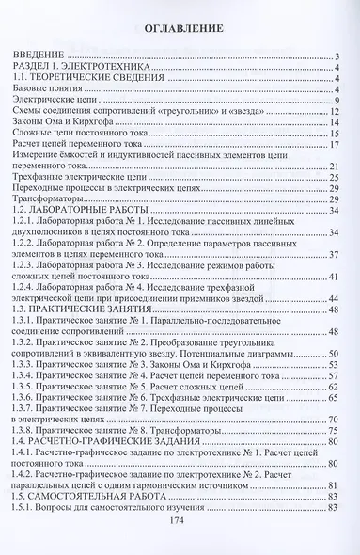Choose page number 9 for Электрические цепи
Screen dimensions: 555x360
click(337, 101)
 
